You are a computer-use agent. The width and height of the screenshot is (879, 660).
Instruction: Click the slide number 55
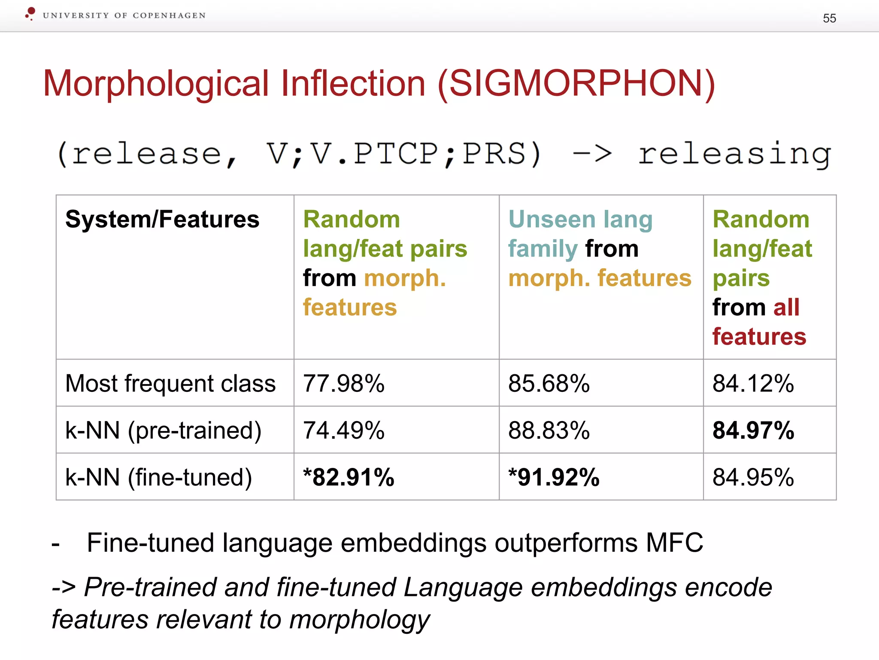point(829,18)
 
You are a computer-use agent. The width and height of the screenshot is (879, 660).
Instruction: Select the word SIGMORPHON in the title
point(576,83)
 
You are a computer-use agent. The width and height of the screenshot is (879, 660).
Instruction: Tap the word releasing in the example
point(734,154)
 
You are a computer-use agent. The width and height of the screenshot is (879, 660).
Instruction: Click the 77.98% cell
point(344,383)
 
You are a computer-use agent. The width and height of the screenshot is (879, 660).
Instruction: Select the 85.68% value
point(549,383)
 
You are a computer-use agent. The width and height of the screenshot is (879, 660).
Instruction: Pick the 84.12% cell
point(753,383)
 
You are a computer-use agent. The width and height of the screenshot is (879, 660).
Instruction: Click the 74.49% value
point(344,430)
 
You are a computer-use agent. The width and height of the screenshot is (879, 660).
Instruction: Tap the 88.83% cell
point(549,430)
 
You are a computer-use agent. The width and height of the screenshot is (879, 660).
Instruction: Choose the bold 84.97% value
point(753,430)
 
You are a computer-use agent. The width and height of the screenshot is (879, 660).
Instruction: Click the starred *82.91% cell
point(349,477)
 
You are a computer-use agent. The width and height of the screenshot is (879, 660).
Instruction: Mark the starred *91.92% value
point(554,477)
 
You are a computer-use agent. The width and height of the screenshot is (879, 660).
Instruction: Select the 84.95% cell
point(753,477)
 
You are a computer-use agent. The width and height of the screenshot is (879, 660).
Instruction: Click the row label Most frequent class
point(170,383)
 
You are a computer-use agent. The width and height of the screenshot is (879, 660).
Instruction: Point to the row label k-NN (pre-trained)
point(163,430)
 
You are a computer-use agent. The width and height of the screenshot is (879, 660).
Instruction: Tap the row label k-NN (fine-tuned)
point(158,477)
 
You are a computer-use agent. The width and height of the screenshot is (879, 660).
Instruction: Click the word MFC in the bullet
point(674,542)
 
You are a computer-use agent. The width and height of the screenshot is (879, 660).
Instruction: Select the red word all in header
point(786,307)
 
